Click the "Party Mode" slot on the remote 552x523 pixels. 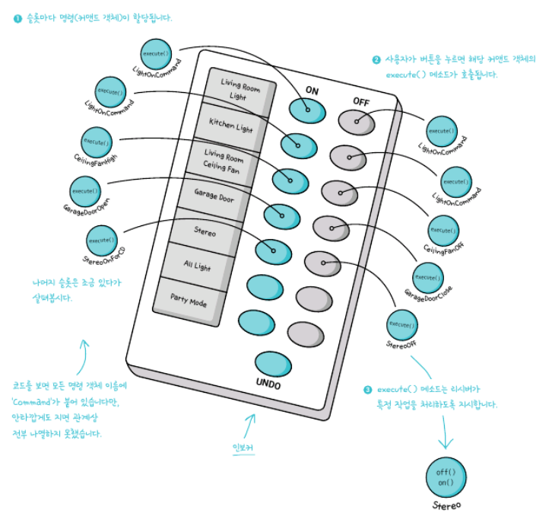(189, 301)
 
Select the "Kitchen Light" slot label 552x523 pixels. (230, 124)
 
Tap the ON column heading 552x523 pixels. (312, 90)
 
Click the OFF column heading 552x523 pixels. (360, 101)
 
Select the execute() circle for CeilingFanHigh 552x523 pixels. (97, 142)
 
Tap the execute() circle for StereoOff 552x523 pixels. (401, 324)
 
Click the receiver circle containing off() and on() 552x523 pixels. (446, 477)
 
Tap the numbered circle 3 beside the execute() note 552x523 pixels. (368, 388)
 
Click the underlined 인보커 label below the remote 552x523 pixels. (242, 448)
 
